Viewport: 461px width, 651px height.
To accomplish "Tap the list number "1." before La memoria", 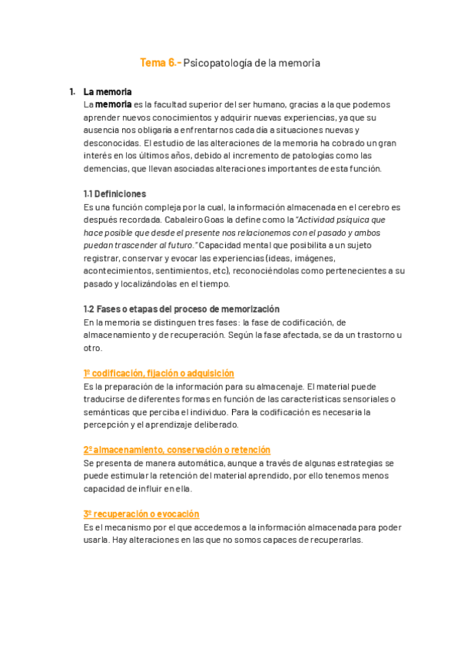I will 73,92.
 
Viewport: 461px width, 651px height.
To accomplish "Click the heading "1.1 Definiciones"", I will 114,194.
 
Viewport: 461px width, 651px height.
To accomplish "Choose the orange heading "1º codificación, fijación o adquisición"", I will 158,373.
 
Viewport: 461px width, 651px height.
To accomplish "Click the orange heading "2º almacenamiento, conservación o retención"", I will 177,450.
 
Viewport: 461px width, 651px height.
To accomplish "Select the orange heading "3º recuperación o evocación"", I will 141,514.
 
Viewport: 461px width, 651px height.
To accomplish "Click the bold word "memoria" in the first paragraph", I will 113,104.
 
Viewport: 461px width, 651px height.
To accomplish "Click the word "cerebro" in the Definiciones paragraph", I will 368,207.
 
